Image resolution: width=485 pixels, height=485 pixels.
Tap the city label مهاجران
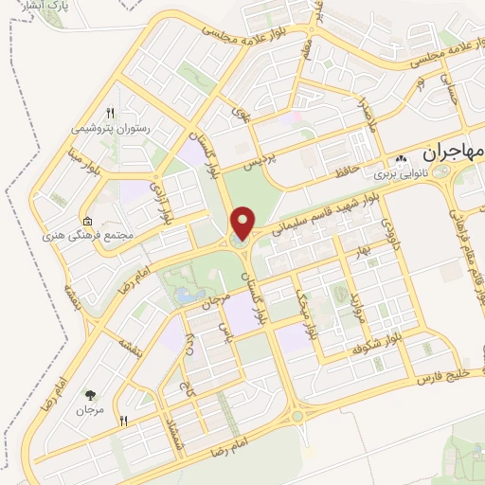438,152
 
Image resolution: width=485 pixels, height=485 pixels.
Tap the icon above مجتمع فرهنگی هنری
88,219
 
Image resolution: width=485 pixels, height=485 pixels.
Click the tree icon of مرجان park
91,395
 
